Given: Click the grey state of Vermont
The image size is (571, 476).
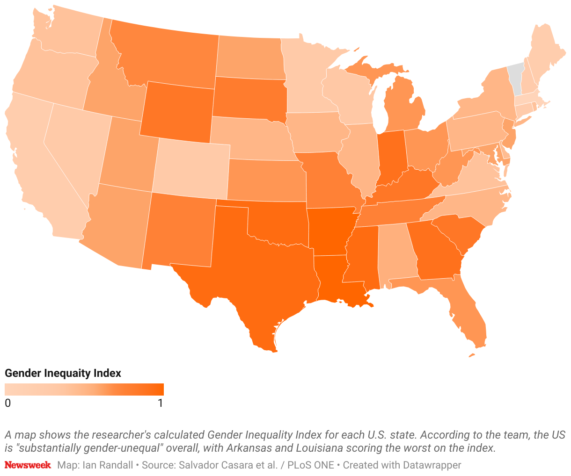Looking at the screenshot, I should click(515, 78).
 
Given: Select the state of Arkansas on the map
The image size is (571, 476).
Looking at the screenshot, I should click(331, 230).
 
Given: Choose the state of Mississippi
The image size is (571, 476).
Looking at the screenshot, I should click(361, 255).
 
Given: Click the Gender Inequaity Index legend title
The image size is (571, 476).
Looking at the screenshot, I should click(63, 373).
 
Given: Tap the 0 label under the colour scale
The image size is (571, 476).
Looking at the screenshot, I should click(7, 403).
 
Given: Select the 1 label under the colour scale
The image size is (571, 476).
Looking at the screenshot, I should click(161, 403).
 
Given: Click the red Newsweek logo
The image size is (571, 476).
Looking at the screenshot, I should click(28, 465).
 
